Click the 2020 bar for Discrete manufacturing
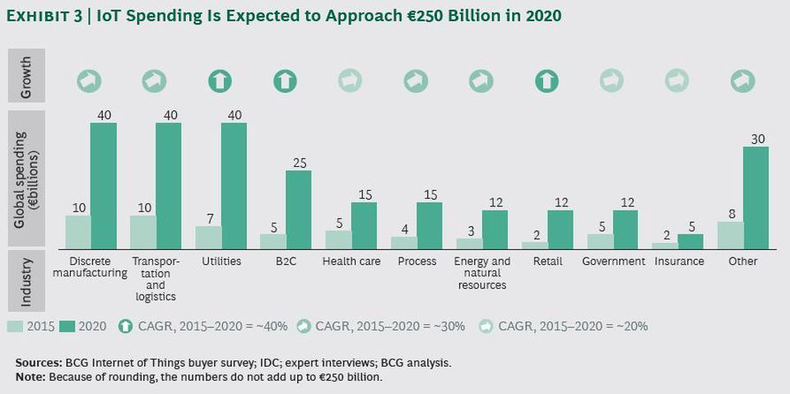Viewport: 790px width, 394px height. pyautogui.click(x=103, y=186)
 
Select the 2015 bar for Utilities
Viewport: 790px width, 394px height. pyautogui.click(x=208, y=238)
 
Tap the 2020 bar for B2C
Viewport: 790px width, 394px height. pyautogui.click(x=299, y=210)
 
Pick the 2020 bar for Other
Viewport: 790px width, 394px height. pyautogui.click(x=755, y=197)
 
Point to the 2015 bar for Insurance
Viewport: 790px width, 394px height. pyautogui.click(x=665, y=245)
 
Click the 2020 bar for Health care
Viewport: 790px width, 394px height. pyautogui.click(x=364, y=225)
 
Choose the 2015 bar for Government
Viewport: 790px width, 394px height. pyautogui.click(x=600, y=241)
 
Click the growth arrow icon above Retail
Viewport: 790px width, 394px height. pyautogui.click(x=546, y=81)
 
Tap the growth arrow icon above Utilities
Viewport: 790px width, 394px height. pyautogui.click(x=220, y=81)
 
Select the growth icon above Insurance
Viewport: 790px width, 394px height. pyautogui.click(x=677, y=81)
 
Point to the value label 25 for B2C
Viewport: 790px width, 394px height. pyautogui.click(x=299, y=162)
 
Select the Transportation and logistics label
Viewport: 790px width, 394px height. pyautogui.click(x=155, y=279)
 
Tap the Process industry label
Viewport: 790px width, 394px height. pyautogui.click(x=416, y=262)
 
